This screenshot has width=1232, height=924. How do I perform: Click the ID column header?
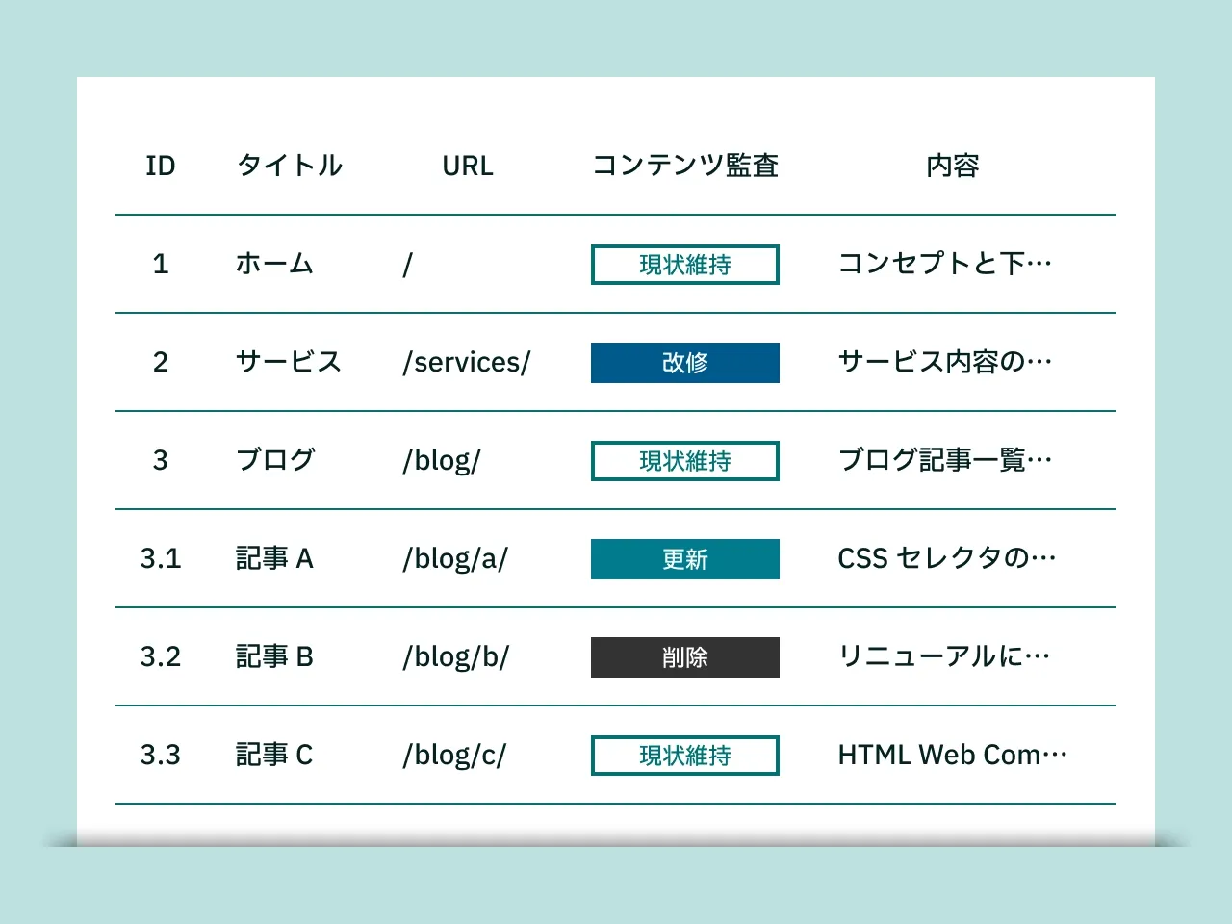tap(161, 166)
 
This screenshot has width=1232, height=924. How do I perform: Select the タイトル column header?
tap(290, 166)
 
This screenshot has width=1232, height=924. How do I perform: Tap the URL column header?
tap(468, 166)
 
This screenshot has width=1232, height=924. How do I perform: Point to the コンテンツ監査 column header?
tap(684, 166)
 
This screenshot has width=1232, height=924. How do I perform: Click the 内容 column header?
tap(952, 166)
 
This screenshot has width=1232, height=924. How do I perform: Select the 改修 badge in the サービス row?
tap(684, 363)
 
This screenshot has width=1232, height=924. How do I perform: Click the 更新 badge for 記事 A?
tap(684, 559)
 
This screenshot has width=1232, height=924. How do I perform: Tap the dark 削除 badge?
tap(684, 657)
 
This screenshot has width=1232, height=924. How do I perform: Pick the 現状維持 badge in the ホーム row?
tap(684, 265)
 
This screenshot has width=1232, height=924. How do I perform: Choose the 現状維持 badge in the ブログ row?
tap(684, 461)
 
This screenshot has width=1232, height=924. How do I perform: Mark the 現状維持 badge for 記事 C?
tap(684, 756)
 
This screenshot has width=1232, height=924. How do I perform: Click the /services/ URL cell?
tap(467, 363)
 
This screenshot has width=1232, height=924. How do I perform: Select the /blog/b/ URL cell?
tap(456, 657)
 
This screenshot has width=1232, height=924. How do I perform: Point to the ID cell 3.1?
tap(161, 558)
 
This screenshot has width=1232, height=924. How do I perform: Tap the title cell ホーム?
tap(274, 264)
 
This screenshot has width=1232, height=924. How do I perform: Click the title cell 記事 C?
tap(274, 755)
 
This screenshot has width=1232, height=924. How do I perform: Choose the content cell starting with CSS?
tap(947, 558)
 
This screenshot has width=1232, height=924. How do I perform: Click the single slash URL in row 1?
tap(408, 265)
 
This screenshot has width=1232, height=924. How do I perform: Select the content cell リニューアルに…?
tap(944, 656)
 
